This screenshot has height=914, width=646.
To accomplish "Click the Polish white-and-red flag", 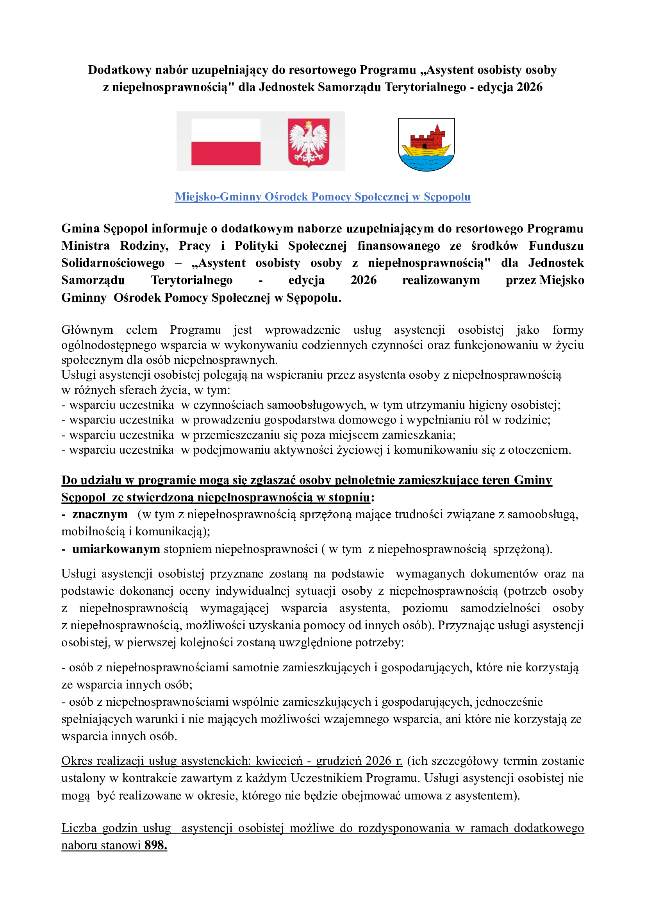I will pos(225,142).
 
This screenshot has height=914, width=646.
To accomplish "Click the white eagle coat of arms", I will pos(309,142).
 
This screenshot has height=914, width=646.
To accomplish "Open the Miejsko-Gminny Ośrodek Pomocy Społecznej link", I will pos(323,197).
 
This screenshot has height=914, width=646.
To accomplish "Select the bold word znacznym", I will pos(100,514).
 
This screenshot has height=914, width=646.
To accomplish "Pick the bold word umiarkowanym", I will pos(116,549).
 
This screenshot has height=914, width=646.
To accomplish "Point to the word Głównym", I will pos(87,330).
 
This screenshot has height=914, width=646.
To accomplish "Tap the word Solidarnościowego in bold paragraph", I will pos(113,263).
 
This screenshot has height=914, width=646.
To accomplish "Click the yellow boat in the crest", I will pos(426,151).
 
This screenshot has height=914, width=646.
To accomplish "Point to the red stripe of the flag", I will pos(225,154).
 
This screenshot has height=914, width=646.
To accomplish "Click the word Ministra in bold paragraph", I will pos(86,246).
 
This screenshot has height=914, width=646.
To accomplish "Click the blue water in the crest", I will pos(426,163).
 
